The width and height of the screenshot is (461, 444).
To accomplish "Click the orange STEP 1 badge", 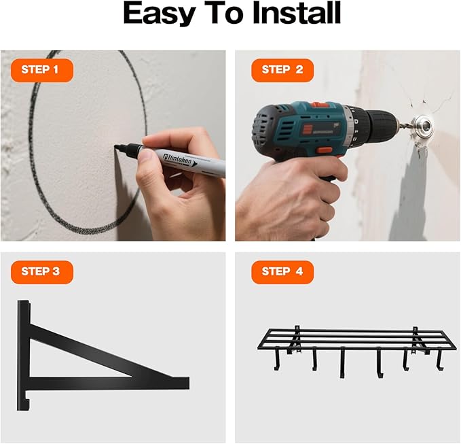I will point(41,70).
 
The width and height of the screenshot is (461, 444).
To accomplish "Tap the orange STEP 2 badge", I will point(282,70).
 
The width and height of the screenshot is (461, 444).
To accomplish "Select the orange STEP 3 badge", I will point(41,272).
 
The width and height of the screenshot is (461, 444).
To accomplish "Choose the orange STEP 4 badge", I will point(282,272).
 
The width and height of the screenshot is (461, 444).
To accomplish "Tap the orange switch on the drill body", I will point(325,150).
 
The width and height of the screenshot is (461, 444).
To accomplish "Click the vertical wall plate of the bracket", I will point(24,354).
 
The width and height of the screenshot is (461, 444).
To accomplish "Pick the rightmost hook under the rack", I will point(439,358).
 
